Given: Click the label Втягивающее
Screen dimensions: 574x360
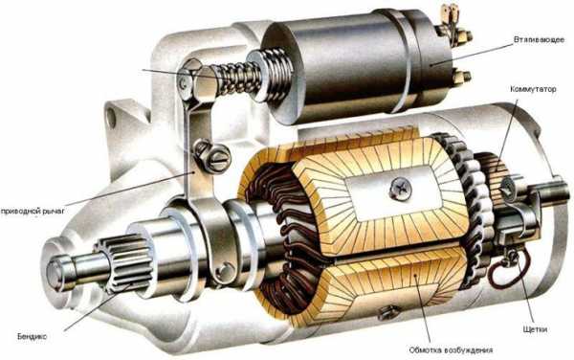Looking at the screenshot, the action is [x=539, y=39].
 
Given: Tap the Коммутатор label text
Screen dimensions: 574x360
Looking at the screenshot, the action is [x=533, y=89].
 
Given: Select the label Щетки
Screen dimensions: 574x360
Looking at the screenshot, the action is [x=535, y=329].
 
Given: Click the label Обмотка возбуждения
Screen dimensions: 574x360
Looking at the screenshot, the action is [x=451, y=350].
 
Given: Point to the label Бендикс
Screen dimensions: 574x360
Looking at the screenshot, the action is [x=32, y=336].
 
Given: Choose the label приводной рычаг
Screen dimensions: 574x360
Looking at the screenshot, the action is [x=33, y=212].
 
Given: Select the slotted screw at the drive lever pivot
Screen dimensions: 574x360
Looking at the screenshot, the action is [x=218, y=158].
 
